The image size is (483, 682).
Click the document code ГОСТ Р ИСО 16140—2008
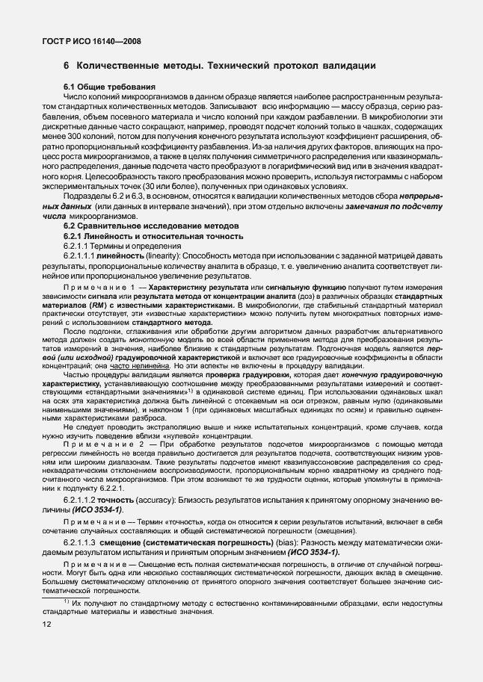[91, 43]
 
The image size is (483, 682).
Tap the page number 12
[47, 624]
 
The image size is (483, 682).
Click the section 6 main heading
[219, 66]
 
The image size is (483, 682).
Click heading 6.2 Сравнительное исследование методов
[151, 226]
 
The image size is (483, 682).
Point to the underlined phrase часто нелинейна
[139, 367]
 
